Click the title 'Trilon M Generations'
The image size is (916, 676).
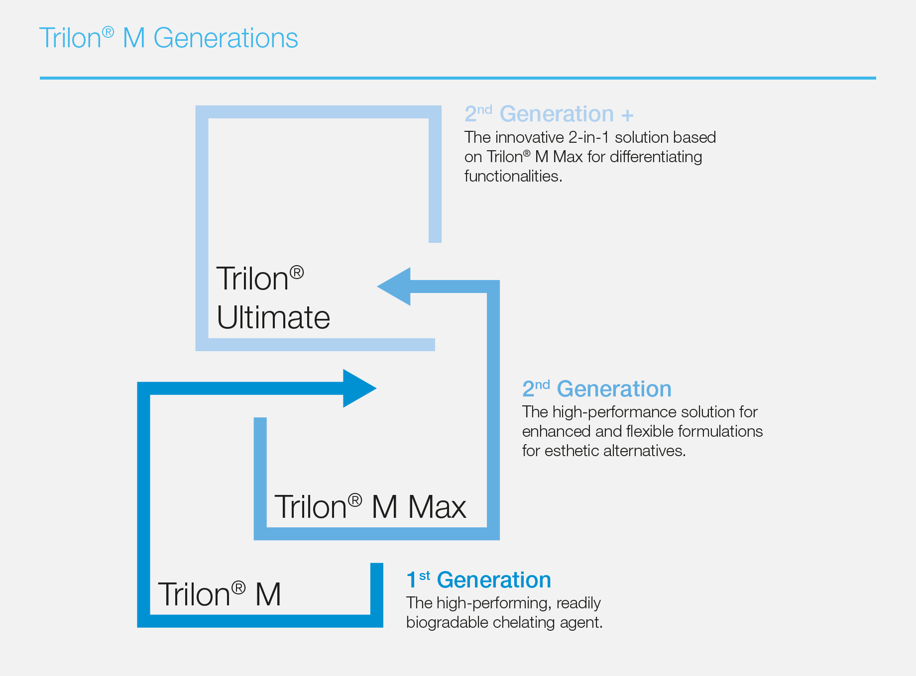(169, 38)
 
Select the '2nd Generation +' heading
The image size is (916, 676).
(549, 114)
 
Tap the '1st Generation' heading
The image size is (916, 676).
(479, 580)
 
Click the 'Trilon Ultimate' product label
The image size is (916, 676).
(273, 298)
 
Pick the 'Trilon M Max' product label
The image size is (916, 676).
(370, 507)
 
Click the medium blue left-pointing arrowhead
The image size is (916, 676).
(394, 287)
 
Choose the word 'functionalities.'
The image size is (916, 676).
(513, 176)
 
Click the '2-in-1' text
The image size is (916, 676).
(589, 137)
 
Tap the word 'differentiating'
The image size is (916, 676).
(656, 157)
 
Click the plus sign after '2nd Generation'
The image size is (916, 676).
(627, 115)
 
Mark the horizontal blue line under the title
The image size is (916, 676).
(458, 78)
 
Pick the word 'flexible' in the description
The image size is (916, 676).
(650, 431)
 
